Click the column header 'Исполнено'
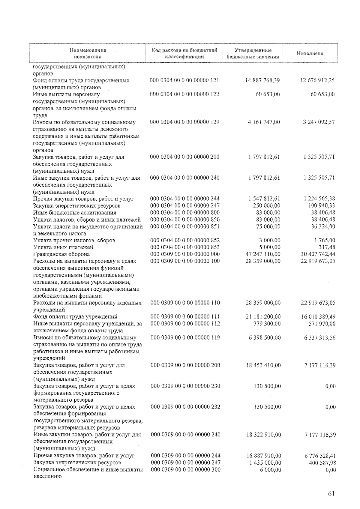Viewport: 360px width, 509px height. click(310, 53)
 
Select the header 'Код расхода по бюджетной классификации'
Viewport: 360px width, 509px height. click(184, 53)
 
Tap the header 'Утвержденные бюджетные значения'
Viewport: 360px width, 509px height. click(253, 53)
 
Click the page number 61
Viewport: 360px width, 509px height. click(331, 494)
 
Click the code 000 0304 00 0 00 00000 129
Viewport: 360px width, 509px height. click(184, 122)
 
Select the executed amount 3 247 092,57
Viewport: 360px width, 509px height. click(319, 122)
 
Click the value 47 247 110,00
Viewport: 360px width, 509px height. click(263, 254)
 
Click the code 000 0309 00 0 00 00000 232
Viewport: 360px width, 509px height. click(185, 407)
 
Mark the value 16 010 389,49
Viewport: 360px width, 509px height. click(318, 317)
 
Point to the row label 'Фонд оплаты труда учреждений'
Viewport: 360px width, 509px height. click(75, 317)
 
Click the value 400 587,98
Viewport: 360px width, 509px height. click(322, 463)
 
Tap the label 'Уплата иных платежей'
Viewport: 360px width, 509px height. click(63, 247)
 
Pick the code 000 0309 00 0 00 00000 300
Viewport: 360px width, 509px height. click(185, 470)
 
